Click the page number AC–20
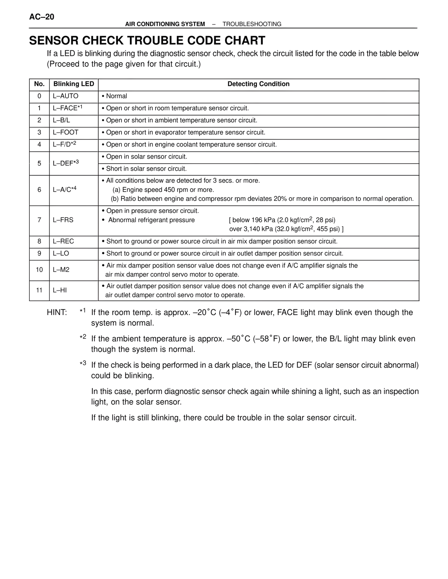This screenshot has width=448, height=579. [x=42, y=17]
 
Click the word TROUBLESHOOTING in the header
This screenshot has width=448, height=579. [x=252, y=24]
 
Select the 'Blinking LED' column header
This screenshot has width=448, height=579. [x=73, y=84]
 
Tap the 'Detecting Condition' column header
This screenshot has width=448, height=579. [x=258, y=84]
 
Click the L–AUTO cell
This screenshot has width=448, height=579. [x=65, y=96]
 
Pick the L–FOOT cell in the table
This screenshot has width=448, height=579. [x=65, y=133]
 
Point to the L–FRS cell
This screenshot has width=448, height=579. [x=63, y=220]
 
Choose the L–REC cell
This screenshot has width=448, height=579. [x=63, y=242]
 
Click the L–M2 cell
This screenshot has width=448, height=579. [x=61, y=270]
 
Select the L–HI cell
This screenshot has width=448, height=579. [x=60, y=290]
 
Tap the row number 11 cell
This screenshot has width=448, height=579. [x=39, y=290]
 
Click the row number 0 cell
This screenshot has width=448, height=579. [x=39, y=96]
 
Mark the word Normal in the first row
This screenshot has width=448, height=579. [x=117, y=96]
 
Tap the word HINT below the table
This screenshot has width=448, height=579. [x=57, y=313]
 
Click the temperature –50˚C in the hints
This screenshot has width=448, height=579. [x=238, y=339]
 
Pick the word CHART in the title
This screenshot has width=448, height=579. [x=245, y=41]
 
